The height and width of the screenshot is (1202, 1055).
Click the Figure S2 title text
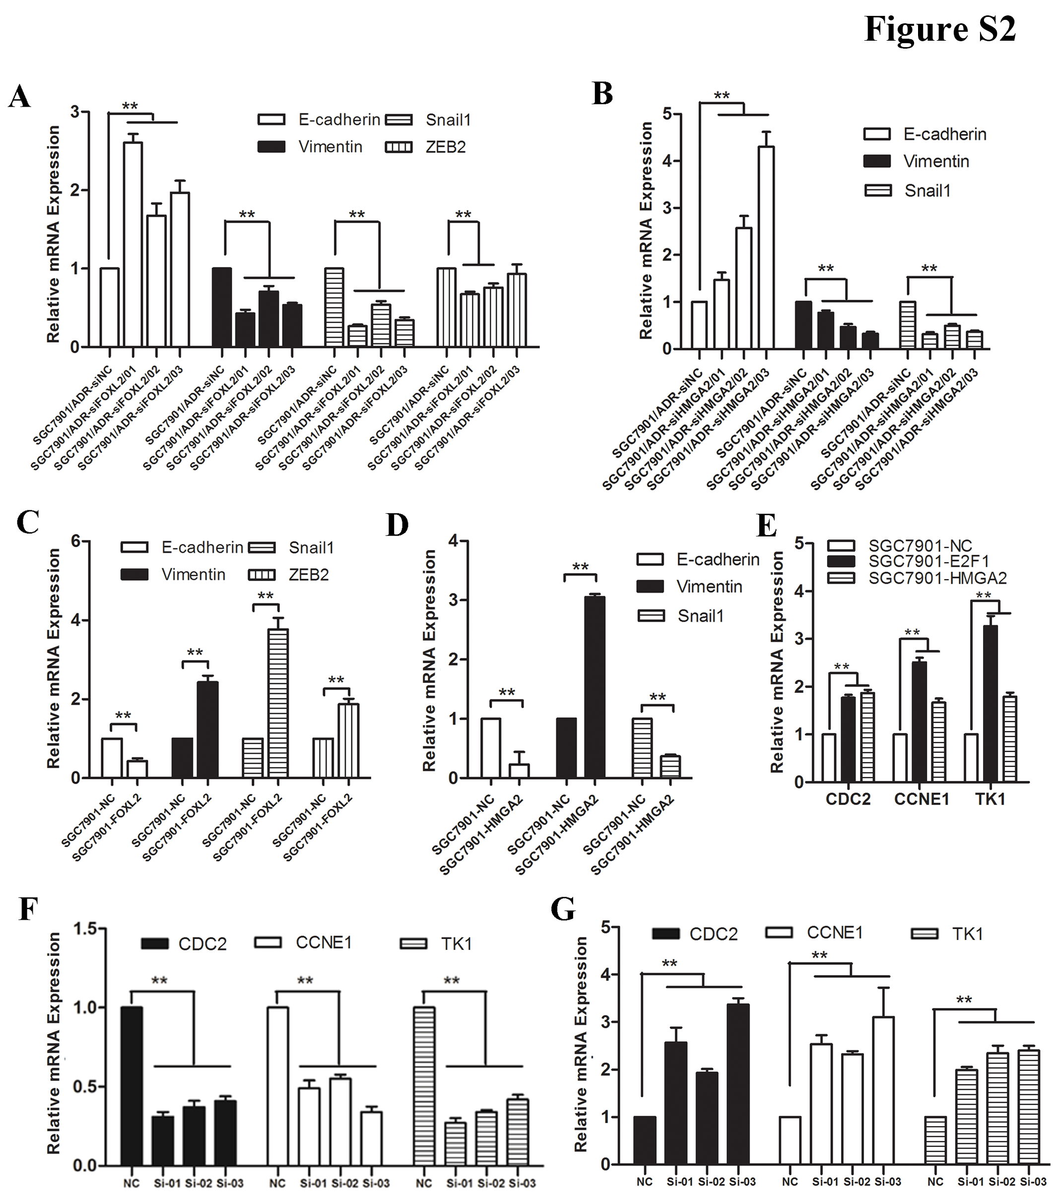pyautogui.click(x=939, y=28)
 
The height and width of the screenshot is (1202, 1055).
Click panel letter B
pyautogui.click(x=603, y=94)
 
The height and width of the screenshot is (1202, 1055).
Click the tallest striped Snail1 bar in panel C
pyautogui.click(x=277, y=703)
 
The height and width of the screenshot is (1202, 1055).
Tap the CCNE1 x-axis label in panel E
pyautogui.click(x=921, y=799)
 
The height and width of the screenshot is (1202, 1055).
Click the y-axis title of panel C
pyautogui.click(x=54, y=659)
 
